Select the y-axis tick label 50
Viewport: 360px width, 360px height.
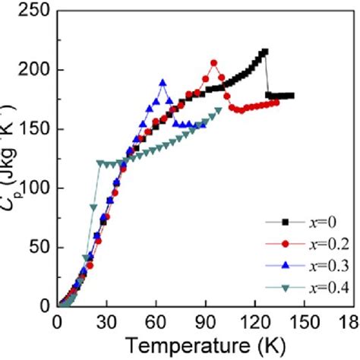[36, 247]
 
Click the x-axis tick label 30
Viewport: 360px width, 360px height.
[106, 322]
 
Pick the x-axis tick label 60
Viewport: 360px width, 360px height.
[156, 322]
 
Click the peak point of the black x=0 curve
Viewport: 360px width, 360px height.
[264, 52]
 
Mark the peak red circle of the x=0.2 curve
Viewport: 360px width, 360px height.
[213, 63]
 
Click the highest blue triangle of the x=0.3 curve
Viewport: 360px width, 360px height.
[163, 82]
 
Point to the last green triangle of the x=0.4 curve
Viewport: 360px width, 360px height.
[219, 110]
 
